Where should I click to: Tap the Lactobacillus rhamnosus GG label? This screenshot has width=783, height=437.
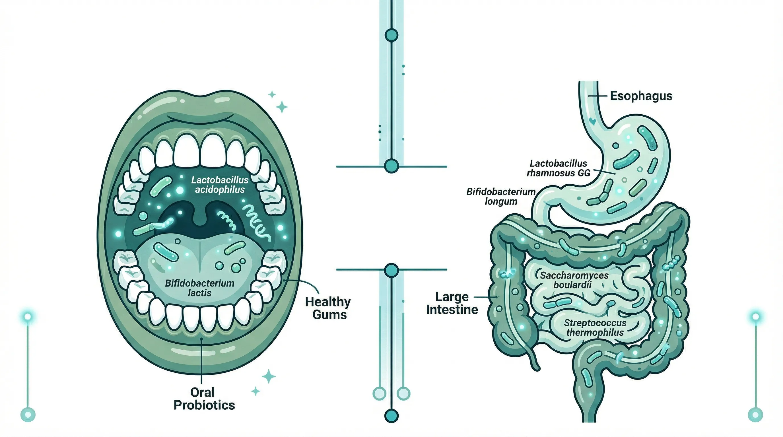point(559,168)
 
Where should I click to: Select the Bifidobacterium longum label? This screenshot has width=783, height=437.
point(501,197)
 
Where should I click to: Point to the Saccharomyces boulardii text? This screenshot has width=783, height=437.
point(574,280)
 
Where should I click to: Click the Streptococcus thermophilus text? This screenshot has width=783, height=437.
point(595,327)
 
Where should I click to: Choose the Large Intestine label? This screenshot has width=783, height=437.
point(452,303)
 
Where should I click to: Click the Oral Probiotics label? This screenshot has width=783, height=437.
point(204,399)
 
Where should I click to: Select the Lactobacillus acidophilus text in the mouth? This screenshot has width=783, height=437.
point(220,185)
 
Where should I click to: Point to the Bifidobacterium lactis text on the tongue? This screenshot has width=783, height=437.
point(199,288)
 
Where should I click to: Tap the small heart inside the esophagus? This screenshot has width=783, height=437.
point(592,121)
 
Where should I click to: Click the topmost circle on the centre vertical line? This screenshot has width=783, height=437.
point(391,35)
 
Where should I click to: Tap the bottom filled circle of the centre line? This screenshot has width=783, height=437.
point(391,416)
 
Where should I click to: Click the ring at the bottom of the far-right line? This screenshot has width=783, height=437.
point(755,415)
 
